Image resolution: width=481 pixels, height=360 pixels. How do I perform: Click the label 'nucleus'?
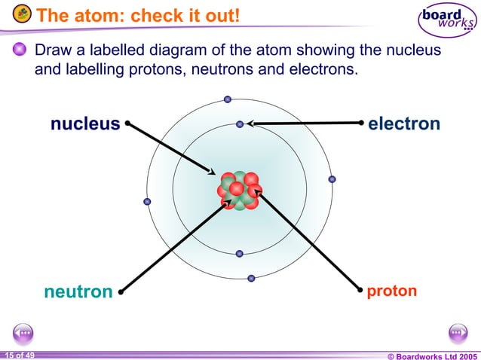pyautogui.click(x=84, y=124)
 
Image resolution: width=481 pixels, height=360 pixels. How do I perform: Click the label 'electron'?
pyautogui.click(x=403, y=124)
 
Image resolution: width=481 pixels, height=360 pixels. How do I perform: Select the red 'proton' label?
pyautogui.click(x=391, y=290)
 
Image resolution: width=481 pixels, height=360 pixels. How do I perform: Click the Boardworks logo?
pyautogui.click(x=448, y=20)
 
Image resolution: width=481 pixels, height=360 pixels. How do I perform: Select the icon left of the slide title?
pyautogui.click(x=23, y=14)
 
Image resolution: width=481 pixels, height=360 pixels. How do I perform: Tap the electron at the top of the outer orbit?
pyautogui.click(x=228, y=99)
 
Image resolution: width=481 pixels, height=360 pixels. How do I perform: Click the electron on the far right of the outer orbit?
pyautogui.click(x=332, y=179)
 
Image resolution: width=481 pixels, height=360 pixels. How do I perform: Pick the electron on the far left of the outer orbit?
pyautogui.click(x=148, y=201)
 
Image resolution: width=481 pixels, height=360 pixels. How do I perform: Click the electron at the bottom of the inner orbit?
pyautogui.click(x=239, y=254)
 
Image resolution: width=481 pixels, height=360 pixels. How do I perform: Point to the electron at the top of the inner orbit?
pyautogui.click(x=240, y=124)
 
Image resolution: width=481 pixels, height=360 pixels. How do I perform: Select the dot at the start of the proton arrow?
pyautogui.click(x=359, y=288)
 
